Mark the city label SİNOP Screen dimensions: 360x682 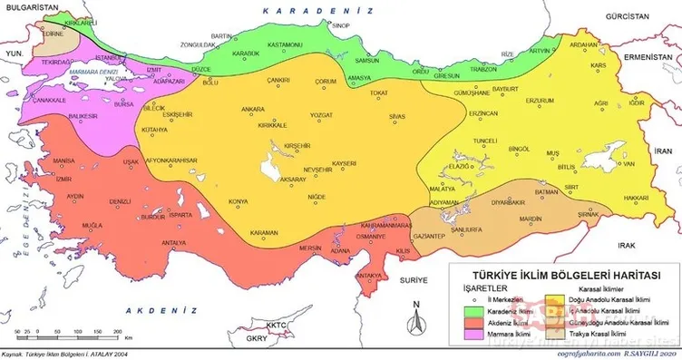tap(341, 26)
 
